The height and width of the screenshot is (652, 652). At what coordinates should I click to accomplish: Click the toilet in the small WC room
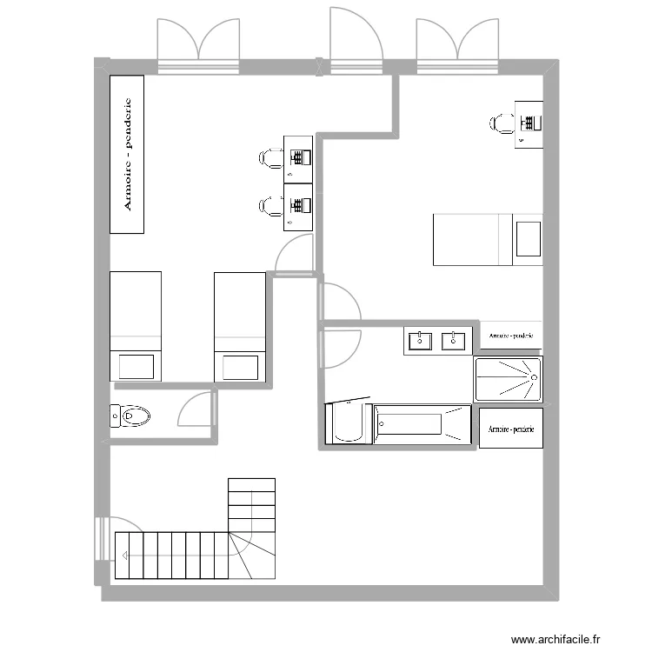pyautogui.click(x=130, y=416)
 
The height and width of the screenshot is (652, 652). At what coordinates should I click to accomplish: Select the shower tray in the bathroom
pyautogui.click(x=508, y=379)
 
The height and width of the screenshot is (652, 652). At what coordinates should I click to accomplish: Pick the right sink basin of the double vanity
pyautogui.click(x=453, y=340)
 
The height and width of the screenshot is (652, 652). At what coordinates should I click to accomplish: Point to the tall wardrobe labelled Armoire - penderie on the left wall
pyautogui.click(x=127, y=154)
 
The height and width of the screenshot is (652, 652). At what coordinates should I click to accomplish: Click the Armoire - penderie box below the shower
pyautogui.click(x=510, y=429)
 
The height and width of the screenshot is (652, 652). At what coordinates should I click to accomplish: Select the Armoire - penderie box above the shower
pyautogui.click(x=510, y=335)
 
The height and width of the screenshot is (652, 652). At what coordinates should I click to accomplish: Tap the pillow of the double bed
pyautogui.click(x=528, y=239)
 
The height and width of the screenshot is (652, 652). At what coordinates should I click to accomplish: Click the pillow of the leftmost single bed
pyautogui.click(x=136, y=366)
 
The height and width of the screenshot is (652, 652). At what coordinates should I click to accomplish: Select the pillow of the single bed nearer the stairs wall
pyautogui.click(x=240, y=366)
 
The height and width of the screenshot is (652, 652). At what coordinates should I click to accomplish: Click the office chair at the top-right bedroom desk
pyautogui.click(x=499, y=123)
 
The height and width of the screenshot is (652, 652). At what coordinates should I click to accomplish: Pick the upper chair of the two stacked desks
pyautogui.click(x=269, y=157)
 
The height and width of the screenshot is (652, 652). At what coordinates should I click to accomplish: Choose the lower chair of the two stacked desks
pyautogui.click(x=269, y=206)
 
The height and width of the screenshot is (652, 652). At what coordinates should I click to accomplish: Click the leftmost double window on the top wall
pyautogui.click(x=197, y=43)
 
